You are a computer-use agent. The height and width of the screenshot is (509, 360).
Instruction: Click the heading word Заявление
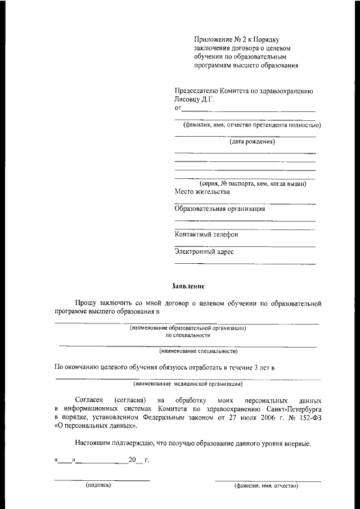click(x=187, y=285)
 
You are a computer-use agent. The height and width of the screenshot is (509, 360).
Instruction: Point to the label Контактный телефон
click(x=206, y=235)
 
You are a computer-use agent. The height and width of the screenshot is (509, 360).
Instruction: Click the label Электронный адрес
click(x=204, y=252)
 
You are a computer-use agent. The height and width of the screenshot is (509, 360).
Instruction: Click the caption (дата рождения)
click(x=252, y=142)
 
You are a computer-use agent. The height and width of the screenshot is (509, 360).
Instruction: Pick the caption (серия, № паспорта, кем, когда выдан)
click(x=253, y=184)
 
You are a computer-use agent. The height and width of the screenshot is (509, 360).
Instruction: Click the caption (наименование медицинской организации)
click(x=188, y=385)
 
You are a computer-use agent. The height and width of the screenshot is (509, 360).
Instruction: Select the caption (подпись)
click(x=98, y=484)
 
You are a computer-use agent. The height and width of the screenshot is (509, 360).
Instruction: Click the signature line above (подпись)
click(x=102, y=480)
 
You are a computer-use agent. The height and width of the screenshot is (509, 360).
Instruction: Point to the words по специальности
click(x=188, y=335)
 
